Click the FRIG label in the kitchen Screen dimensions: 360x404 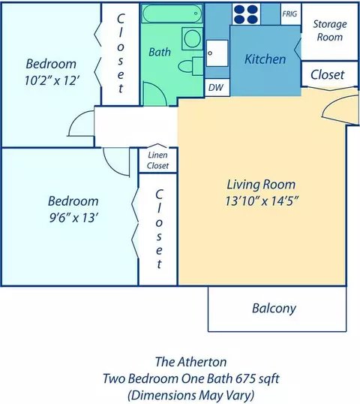[x=289, y=14]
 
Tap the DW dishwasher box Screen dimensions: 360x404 [x=217, y=88]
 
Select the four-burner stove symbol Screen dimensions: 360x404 [x=246, y=14]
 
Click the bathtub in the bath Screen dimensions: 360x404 [x=172, y=14]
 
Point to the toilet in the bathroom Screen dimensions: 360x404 [x=190, y=67]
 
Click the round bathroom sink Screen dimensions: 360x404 [x=192, y=38]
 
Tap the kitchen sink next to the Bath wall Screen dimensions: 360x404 [x=217, y=53]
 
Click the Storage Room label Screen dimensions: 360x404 [x=330, y=30]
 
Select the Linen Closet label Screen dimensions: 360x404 [x=157, y=160]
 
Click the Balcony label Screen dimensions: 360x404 [x=274, y=309]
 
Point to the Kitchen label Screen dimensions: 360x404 [x=265, y=59]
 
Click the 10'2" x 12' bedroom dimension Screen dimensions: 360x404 [x=51, y=80]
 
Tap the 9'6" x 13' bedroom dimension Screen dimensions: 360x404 [x=73, y=218]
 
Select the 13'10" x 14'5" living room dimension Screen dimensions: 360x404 [x=262, y=201]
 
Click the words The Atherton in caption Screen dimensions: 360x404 [x=191, y=362]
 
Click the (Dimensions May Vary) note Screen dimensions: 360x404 [x=191, y=396]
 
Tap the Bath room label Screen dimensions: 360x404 [x=160, y=53]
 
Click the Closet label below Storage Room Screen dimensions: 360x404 [x=327, y=75]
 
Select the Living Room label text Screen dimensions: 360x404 [x=261, y=185]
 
